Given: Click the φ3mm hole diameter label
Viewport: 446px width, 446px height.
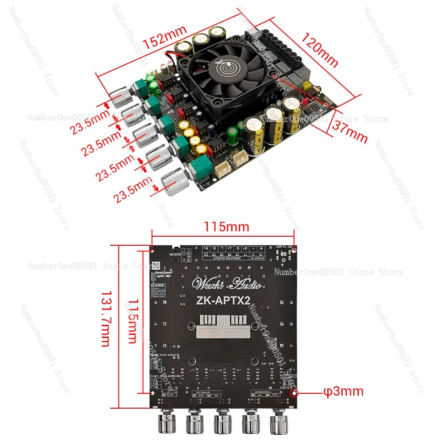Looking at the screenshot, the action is (343, 392).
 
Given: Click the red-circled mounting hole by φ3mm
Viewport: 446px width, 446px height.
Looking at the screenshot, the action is (294, 393).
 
